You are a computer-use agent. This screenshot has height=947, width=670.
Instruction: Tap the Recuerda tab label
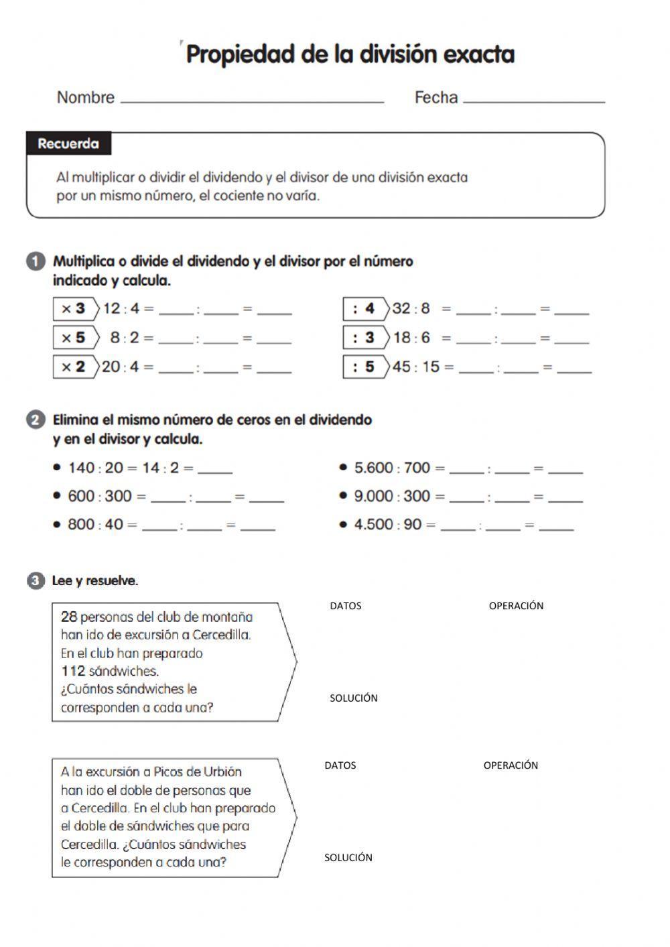coord(68,143)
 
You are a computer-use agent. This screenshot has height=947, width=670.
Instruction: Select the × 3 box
coord(74,309)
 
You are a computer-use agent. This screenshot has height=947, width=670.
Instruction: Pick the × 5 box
coord(74,338)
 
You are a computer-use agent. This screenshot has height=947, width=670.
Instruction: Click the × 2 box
coord(74,367)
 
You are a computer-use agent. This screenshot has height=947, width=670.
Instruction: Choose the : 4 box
coord(364,309)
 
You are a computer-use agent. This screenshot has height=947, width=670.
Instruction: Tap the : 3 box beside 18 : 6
coord(364,338)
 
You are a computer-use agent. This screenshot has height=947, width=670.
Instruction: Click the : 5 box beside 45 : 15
coord(364,367)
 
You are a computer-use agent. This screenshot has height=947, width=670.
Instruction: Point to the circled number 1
coord(36,261)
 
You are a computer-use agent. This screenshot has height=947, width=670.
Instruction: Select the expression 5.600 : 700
coord(392,468)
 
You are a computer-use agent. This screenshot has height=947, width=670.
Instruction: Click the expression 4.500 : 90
coord(388,524)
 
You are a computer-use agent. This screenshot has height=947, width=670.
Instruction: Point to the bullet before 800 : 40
coord(57,524)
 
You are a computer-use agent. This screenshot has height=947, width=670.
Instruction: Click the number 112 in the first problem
coord(73,671)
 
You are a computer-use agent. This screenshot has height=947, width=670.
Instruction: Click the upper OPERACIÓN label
coord(516,606)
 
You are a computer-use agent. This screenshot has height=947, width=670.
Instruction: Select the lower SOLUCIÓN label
coord(348,857)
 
